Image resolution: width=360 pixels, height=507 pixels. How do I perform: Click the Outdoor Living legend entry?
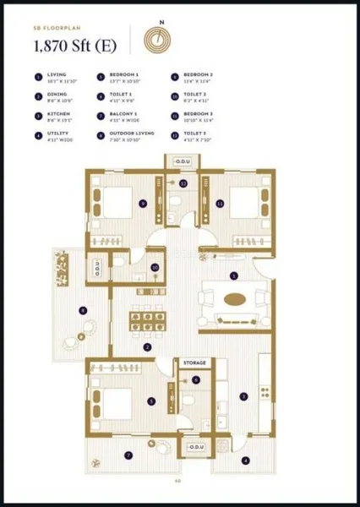[x=123, y=137]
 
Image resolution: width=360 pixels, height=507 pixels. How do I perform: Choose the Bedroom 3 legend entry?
[x=199, y=118]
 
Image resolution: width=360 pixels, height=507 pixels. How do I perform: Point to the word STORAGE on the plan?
[x=194, y=363]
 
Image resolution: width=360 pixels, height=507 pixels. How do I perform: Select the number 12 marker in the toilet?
[x=183, y=183]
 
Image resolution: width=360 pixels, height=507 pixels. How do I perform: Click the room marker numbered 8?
[x=82, y=311]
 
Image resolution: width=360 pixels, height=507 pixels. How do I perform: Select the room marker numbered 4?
[x=246, y=461]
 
